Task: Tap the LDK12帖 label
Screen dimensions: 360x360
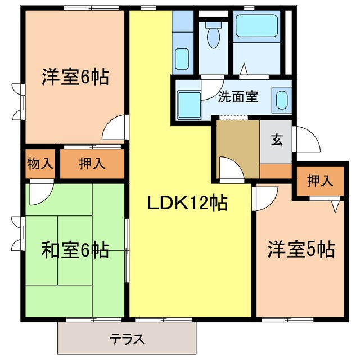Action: coord(187,202)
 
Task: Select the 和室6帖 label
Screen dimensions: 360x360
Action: coord(75,249)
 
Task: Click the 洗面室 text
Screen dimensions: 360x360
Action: coord(238,96)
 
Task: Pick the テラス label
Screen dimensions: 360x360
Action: coord(127,339)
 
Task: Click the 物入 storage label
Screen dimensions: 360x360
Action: coord(40,164)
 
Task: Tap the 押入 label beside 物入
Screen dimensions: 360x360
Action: coord(92,164)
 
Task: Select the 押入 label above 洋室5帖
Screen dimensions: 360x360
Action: coord(320,182)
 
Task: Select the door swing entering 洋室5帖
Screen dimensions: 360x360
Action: coord(265,197)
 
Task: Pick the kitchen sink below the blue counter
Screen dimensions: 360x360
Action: coord(182,57)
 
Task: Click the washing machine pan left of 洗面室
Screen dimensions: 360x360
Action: coord(186,102)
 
